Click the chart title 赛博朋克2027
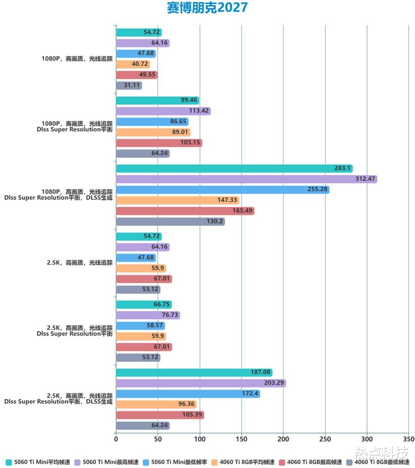tap(207, 8)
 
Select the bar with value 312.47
tap(246, 179)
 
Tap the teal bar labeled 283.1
tap(234, 168)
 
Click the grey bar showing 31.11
tap(129, 86)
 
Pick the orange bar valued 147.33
tap(177, 200)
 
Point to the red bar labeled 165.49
tap(185, 211)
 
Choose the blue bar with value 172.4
tap(188, 393)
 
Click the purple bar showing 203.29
tap(201, 383)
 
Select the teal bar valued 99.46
tap(157, 100)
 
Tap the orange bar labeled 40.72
tap(133, 64)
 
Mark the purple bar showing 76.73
tap(148, 315)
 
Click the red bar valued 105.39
tap(160, 415)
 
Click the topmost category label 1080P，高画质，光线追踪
tap(77, 59)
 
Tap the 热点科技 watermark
tap(381, 453)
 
